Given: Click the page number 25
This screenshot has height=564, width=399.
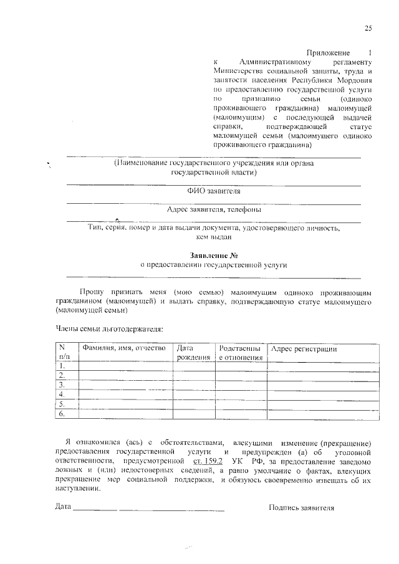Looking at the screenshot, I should pyautogui.click(x=368, y=27).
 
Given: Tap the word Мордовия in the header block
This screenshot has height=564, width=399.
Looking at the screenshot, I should pyautogui.click(x=354, y=80).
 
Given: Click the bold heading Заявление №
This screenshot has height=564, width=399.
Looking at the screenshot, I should pyautogui.click(x=214, y=255).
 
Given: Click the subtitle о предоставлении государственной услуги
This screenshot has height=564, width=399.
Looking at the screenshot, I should pyautogui.click(x=213, y=264).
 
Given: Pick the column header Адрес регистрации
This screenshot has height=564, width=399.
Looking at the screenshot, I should pyautogui.click(x=304, y=348).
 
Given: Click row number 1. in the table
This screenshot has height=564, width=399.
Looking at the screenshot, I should pyautogui.click(x=62, y=366).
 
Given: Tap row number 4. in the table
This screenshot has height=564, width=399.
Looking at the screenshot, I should pyautogui.click(x=62, y=394).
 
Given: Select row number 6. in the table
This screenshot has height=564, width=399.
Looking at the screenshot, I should pyautogui.click(x=62, y=413).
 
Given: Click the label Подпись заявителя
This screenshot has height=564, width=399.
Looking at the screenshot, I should pyautogui.click(x=302, y=507).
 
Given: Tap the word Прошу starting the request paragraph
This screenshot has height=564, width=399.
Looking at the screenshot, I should pyautogui.click(x=93, y=291).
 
